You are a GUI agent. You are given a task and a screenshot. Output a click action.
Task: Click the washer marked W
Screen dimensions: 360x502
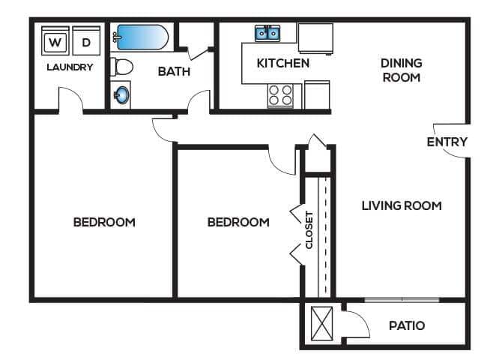tap(53, 42)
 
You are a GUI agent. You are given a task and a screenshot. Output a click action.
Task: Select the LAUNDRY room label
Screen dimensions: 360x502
tap(70, 67)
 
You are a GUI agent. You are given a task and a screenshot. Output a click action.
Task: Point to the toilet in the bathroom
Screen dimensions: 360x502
tap(121, 67)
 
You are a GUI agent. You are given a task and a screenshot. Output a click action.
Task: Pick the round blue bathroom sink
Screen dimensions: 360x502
tap(121, 96)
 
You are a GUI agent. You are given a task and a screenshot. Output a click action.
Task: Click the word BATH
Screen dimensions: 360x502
tap(174, 72)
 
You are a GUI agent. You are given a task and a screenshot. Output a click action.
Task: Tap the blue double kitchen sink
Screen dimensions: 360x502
tap(267, 33)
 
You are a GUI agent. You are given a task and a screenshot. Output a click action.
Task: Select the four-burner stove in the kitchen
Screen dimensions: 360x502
tap(280, 95)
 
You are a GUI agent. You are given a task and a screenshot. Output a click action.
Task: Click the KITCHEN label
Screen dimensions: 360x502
tap(282, 63)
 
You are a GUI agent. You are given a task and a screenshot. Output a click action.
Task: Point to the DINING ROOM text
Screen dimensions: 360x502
tap(401, 70)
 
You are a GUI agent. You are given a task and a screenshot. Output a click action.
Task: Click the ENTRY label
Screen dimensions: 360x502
tap(447, 142)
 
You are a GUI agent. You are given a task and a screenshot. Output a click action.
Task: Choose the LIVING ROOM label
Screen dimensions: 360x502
tap(401, 205)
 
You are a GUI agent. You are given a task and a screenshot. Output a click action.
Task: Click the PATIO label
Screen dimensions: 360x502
tap(407, 325)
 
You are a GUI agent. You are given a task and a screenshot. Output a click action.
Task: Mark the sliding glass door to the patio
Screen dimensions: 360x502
tap(402, 301)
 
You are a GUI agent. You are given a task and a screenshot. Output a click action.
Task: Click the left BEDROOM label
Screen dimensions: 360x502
tap(104, 222)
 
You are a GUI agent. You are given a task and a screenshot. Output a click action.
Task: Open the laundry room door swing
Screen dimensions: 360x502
tap(70, 99)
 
